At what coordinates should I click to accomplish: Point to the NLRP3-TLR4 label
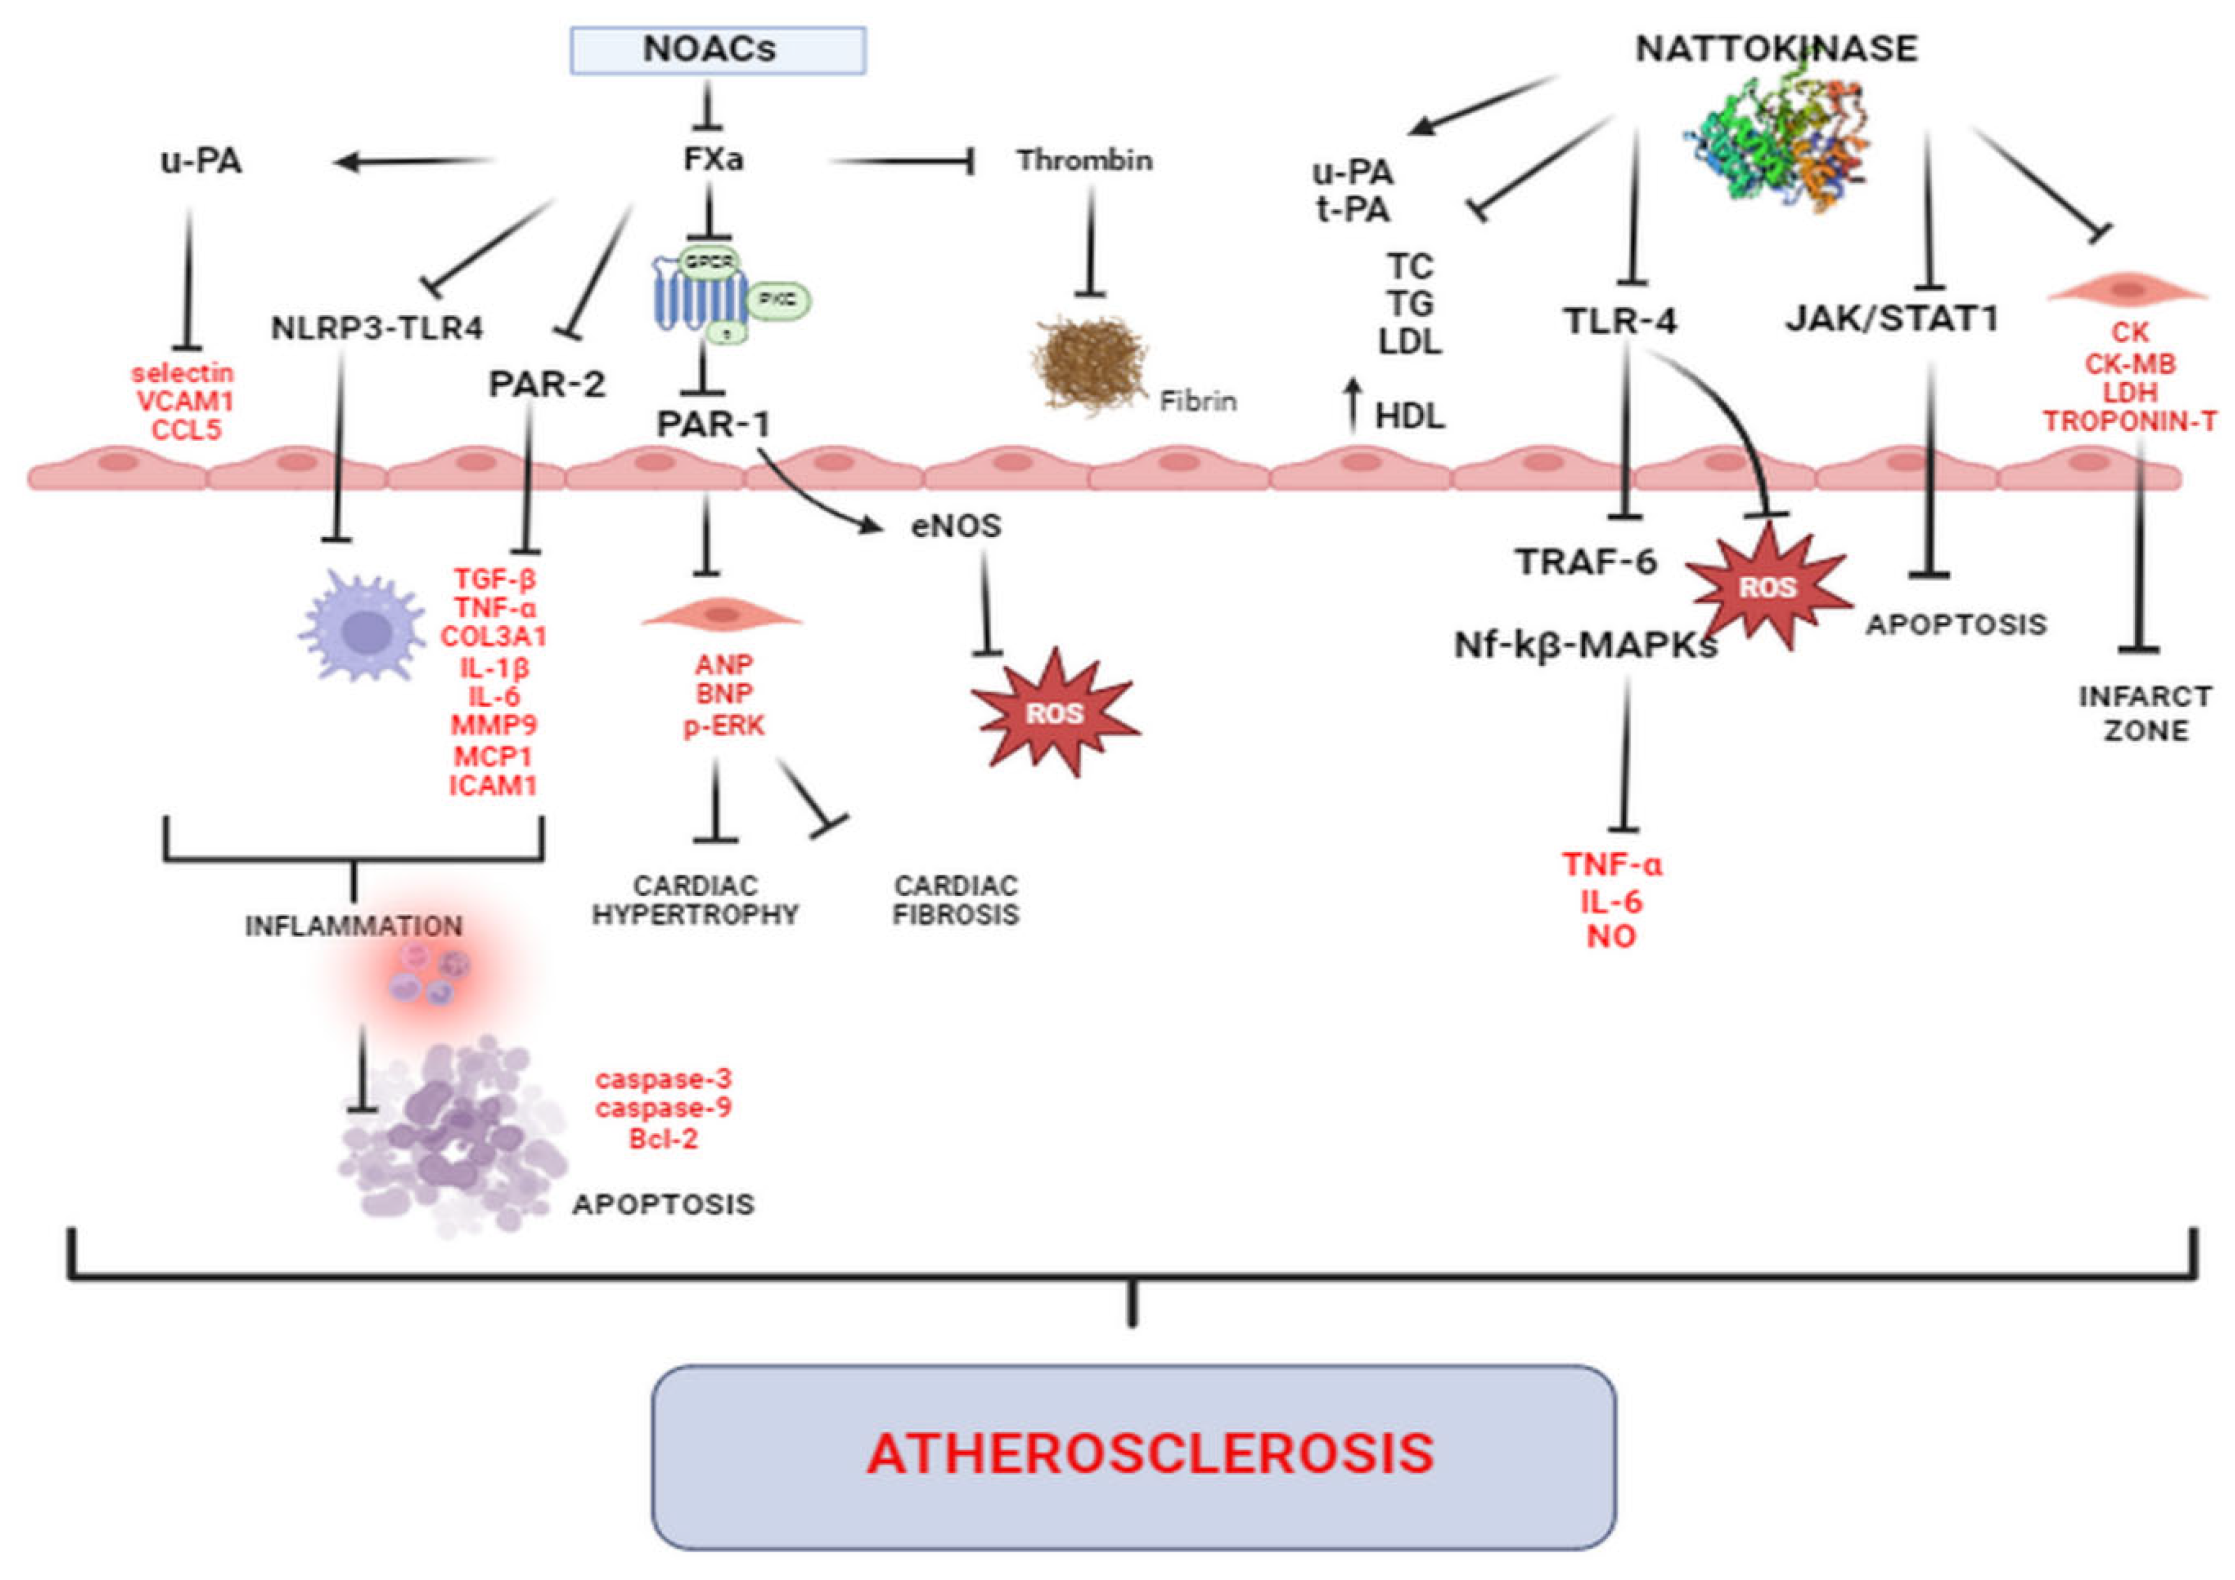(x=377, y=328)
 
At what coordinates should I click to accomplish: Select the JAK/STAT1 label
(x=1891, y=318)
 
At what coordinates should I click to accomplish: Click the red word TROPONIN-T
(x=2130, y=422)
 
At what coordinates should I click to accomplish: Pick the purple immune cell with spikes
(x=362, y=624)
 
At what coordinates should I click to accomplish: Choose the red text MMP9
(x=494, y=725)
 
